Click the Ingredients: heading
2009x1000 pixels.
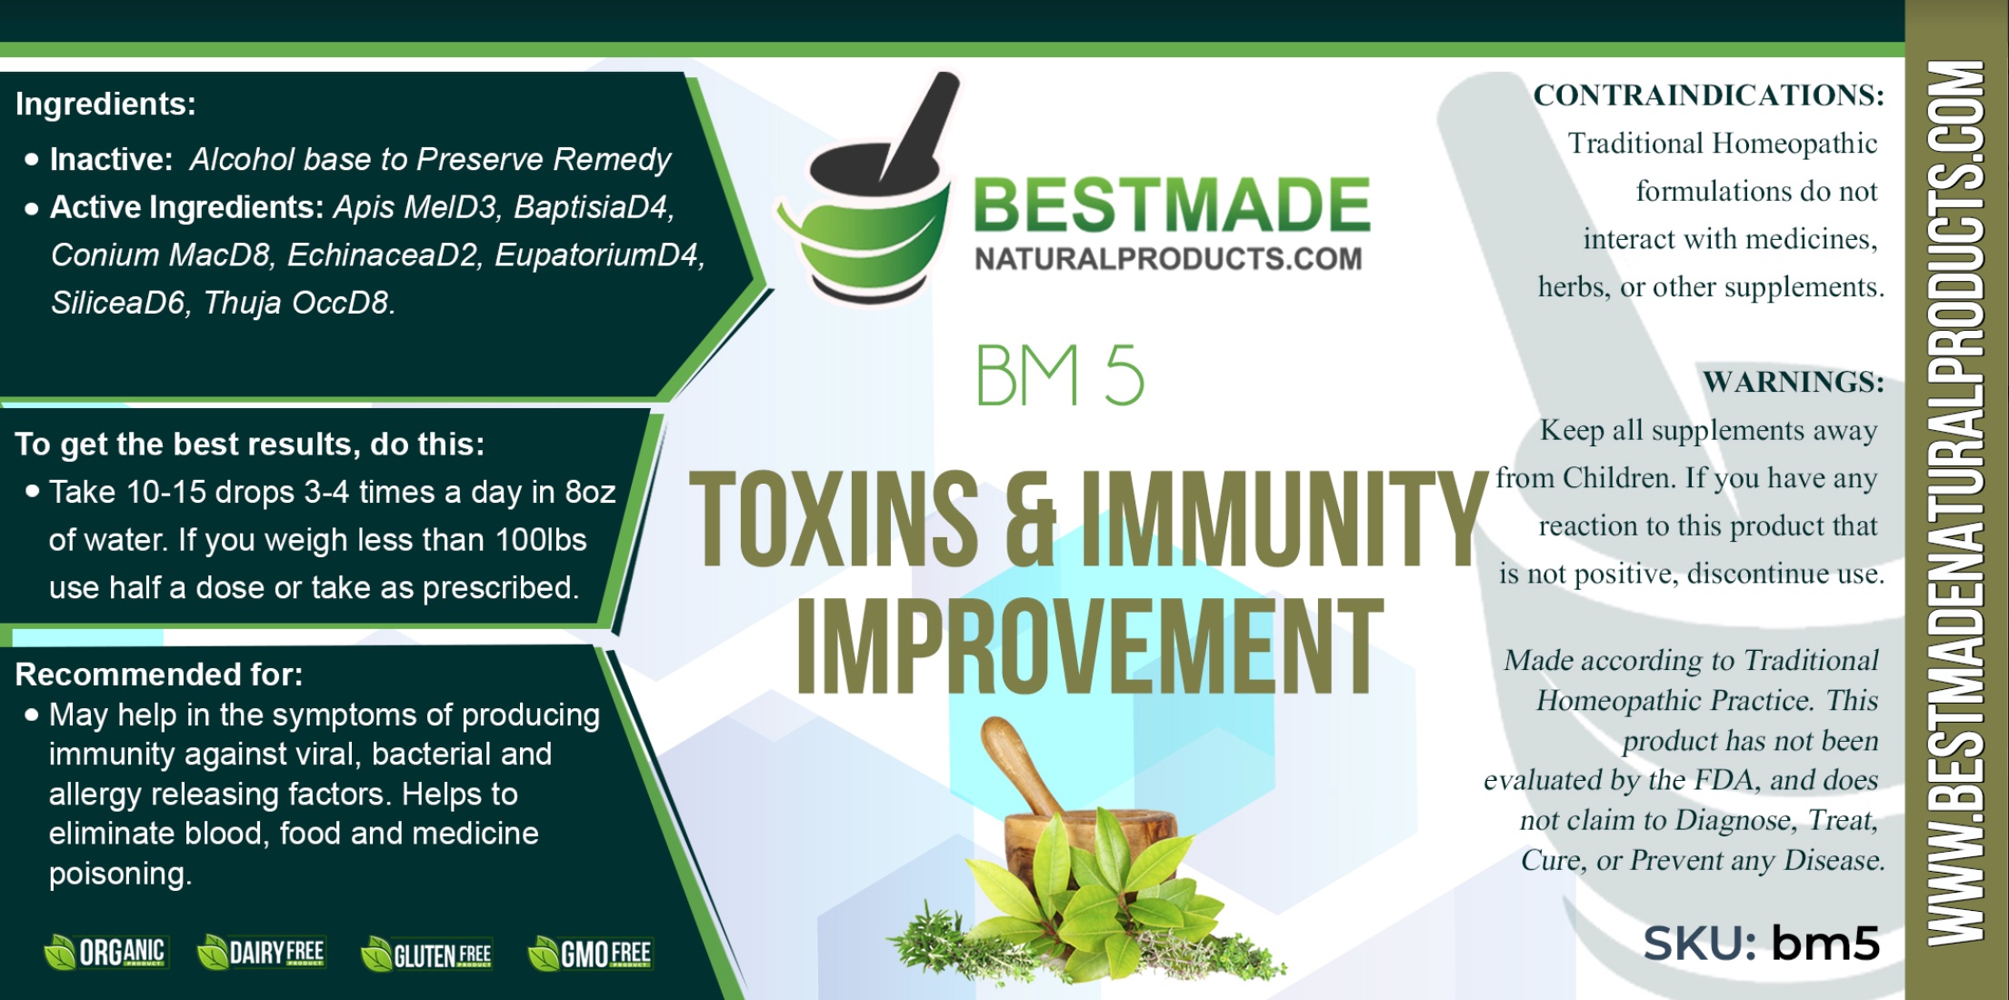coord(105,105)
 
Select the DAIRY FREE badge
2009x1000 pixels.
coord(261,953)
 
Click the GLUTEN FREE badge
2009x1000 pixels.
coord(426,954)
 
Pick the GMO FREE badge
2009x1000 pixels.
coord(590,954)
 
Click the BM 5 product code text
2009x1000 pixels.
coord(1059,375)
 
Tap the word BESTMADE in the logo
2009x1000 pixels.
coord(1172,205)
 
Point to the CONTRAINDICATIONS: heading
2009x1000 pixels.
coord(1709,95)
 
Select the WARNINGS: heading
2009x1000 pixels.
coord(1794,382)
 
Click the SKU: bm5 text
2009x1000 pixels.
coord(1761,944)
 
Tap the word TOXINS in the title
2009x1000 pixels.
coord(834,518)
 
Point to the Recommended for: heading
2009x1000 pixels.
coord(159,675)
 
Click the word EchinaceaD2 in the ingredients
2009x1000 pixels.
coord(383,255)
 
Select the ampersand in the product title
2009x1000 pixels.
coord(1030,518)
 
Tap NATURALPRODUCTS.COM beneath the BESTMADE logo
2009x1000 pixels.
coord(1168,259)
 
